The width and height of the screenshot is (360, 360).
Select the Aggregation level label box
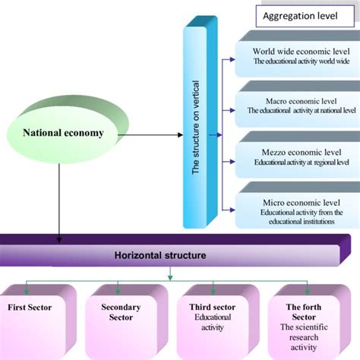click(298, 16)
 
